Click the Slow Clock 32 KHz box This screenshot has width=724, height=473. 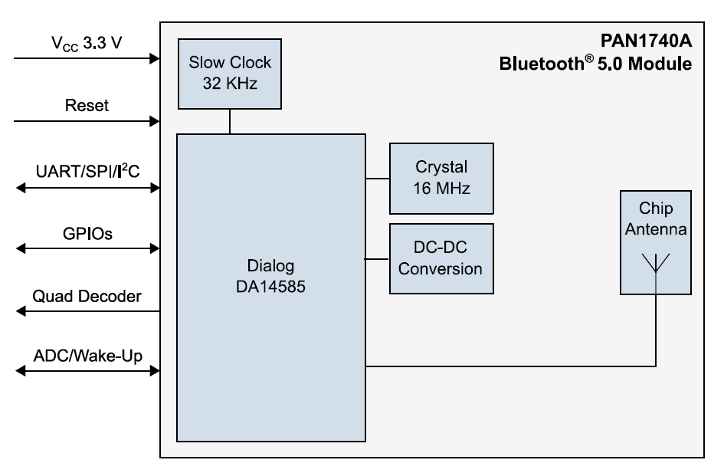tap(229, 73)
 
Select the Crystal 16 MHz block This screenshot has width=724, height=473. tap(441, 178)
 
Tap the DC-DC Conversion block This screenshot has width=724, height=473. tap(441, 259)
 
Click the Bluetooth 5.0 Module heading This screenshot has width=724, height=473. tap(595, 64)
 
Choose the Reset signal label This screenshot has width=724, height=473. tap(87, 105)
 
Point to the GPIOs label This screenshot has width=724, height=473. tap(87, 233)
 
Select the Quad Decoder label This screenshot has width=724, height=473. tap(87, 296)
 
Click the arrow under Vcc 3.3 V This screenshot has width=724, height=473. tap(87, 58)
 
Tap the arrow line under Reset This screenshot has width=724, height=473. tap(87, 121)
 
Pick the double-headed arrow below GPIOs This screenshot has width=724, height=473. tap(87, 248)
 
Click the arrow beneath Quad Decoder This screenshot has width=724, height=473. tap(87, 311)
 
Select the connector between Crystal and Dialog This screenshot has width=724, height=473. tap(377, 179)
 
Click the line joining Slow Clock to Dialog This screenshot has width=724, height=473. tap(229, 121)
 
